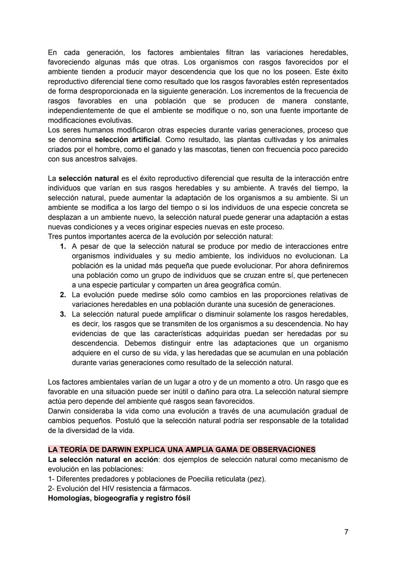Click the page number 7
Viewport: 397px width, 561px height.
click(x=346, y=532)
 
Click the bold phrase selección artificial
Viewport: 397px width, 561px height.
click(x=127, y=140)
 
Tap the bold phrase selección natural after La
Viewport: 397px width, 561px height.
click(x=89, y=178)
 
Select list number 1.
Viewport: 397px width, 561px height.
click(x=63, y=246)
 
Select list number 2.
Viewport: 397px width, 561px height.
click(x=63, y=295)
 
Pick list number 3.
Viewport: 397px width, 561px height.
click(x=63, y=314)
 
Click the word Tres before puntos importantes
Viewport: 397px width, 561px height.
click(x=55, y=237)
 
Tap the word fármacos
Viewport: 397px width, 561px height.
click(x=177, y=489)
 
